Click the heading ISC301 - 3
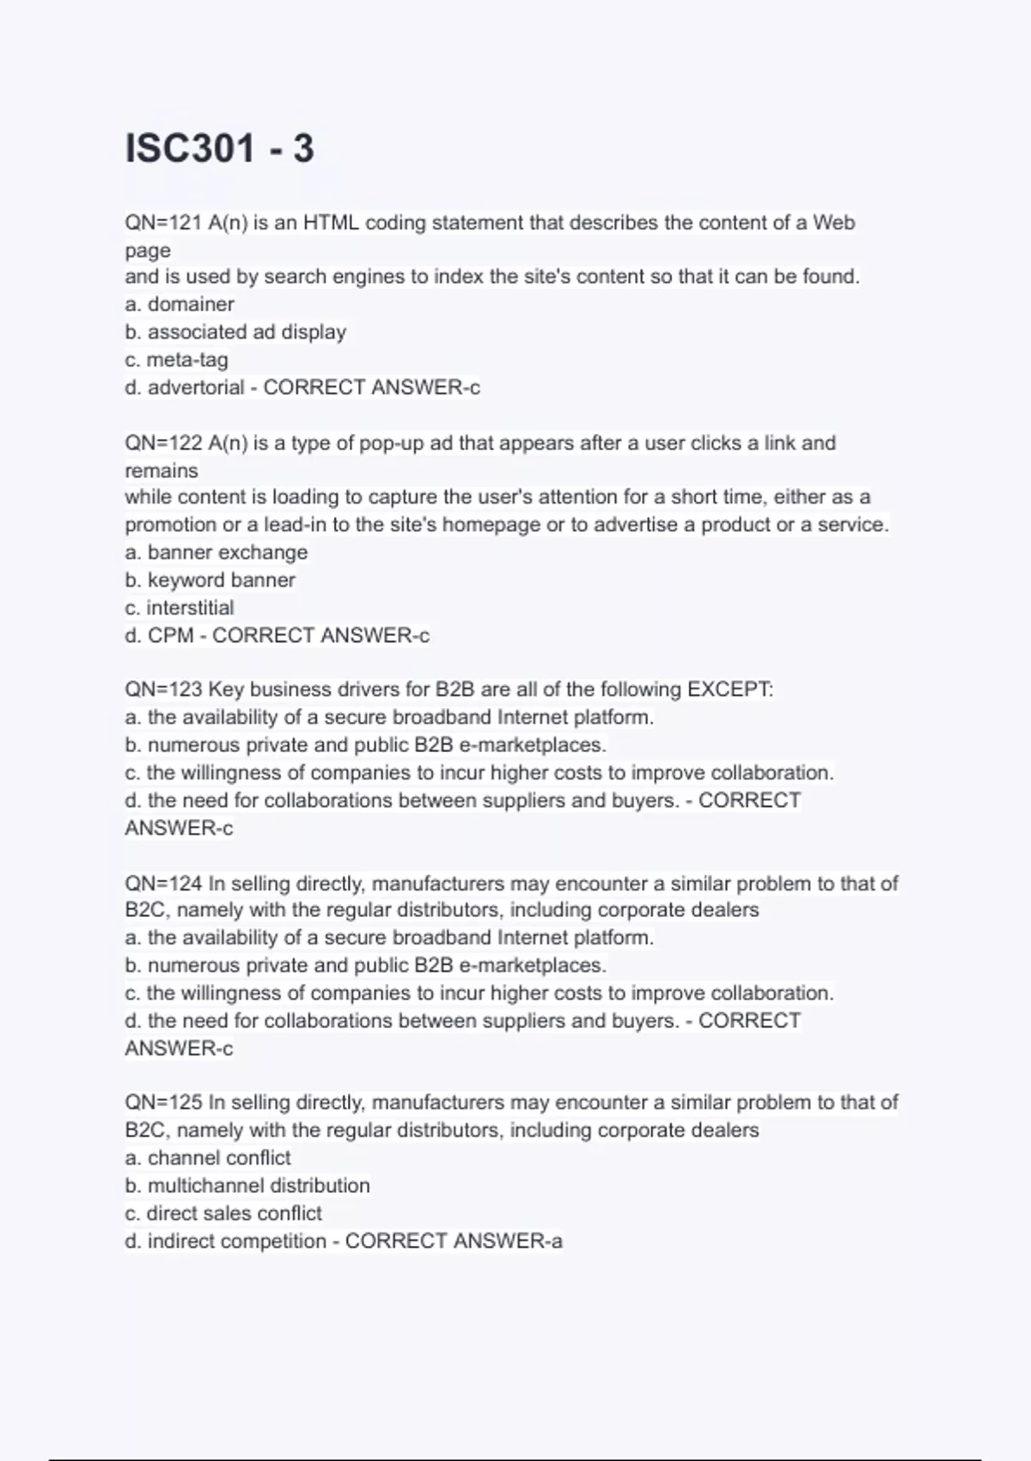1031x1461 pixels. point(220,148)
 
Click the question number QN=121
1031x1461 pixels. point(162,223)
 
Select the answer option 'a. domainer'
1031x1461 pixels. point(180,304)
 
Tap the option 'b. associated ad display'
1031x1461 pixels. point(235,332)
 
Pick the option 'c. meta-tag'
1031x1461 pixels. point(176,359)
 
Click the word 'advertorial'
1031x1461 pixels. point(196,388)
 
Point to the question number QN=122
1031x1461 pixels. point(162,443)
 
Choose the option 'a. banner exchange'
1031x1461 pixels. point(216,552)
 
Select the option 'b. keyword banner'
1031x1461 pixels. point(210,580)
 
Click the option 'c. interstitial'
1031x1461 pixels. point(179,608)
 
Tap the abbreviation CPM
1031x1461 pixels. point(171,635)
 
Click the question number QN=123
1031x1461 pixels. point(162,689)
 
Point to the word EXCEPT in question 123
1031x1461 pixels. point(729,689)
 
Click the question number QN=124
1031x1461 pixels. point(162,883)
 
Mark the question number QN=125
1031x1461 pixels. point(162,1102)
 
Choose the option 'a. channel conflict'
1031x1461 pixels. point(208,1158)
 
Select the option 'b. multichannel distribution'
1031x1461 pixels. point(247,1185)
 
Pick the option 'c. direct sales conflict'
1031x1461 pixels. point(223,1213)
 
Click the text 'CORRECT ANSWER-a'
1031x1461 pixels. point(454,1241)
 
